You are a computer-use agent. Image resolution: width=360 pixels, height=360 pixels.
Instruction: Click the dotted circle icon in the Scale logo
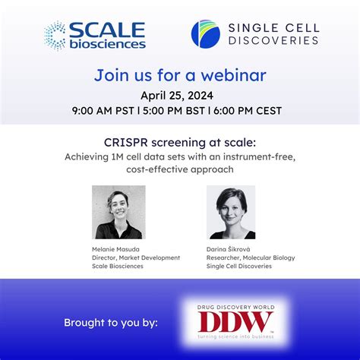point(55,35)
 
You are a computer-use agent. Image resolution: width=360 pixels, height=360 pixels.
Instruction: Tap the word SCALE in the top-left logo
point(106,30)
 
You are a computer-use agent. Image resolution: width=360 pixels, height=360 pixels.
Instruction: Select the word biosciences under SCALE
point(106,44)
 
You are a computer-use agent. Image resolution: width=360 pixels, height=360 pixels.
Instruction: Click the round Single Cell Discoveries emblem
point(206,34)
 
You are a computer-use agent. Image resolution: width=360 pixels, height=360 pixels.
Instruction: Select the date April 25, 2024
point(180,95)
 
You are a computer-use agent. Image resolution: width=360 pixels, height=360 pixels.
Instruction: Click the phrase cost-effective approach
point(180,169)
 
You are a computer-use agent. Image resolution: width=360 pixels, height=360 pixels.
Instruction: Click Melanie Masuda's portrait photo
point(118,213)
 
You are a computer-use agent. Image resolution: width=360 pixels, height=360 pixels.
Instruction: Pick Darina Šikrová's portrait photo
point(231,213)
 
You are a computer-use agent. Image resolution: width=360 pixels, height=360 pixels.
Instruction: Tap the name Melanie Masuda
point(115,248)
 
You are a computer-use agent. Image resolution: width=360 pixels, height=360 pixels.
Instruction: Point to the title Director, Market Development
point(136,257)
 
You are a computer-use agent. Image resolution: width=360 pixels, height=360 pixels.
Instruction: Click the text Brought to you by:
point(111,323)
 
